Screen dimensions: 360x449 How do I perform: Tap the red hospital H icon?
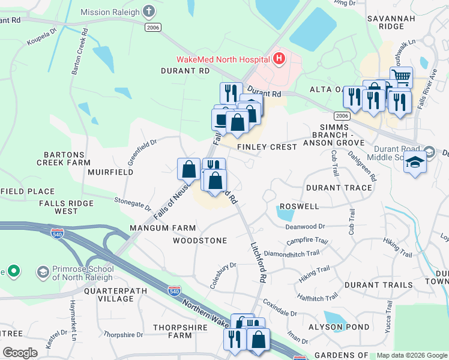[279, 59]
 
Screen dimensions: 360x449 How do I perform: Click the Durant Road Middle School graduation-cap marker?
[414, 163]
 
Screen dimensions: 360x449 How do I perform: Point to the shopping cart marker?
[402, 77]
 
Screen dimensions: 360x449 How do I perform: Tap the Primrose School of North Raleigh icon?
[43, 272]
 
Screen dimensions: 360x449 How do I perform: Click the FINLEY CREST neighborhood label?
[267, 147]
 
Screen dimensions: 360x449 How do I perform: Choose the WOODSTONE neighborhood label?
[200, 241]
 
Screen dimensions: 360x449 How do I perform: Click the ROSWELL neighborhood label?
[299, 206]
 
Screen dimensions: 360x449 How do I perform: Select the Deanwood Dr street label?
[304, 226]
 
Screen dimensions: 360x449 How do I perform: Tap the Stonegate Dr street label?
[133, 202]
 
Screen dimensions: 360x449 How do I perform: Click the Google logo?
[20, 353]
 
